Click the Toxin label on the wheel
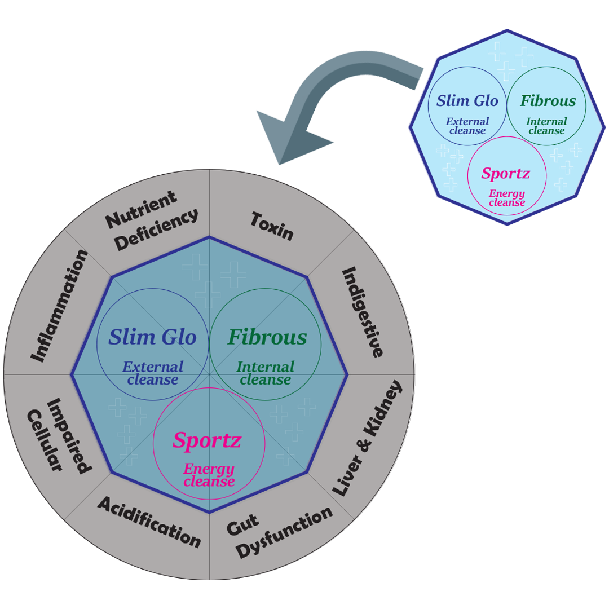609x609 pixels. click(x=272, y=226)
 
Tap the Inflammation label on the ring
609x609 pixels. click(x=59, y=306)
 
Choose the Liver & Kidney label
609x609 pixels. click(x=368, y=438)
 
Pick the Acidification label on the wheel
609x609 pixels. click(x=149, y=522)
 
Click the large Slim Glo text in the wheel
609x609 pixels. click(x=153, y=337)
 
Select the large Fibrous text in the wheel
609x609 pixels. click(x=267, y=337)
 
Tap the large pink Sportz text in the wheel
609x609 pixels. click(x=207, y=440)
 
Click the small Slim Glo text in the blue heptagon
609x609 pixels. click(x=467, y=101)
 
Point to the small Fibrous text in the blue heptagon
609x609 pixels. click(x=548, y=101)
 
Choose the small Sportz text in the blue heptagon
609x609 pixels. click(x=505, y=173)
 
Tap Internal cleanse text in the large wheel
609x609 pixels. click(x=265, y=373)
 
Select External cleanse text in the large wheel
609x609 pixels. click(x=153, y=373)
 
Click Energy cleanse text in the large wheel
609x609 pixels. click(x=209, y=475)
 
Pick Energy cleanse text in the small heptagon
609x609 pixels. click(x=507, y=198)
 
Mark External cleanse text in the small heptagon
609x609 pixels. click(x=467, y=126)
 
